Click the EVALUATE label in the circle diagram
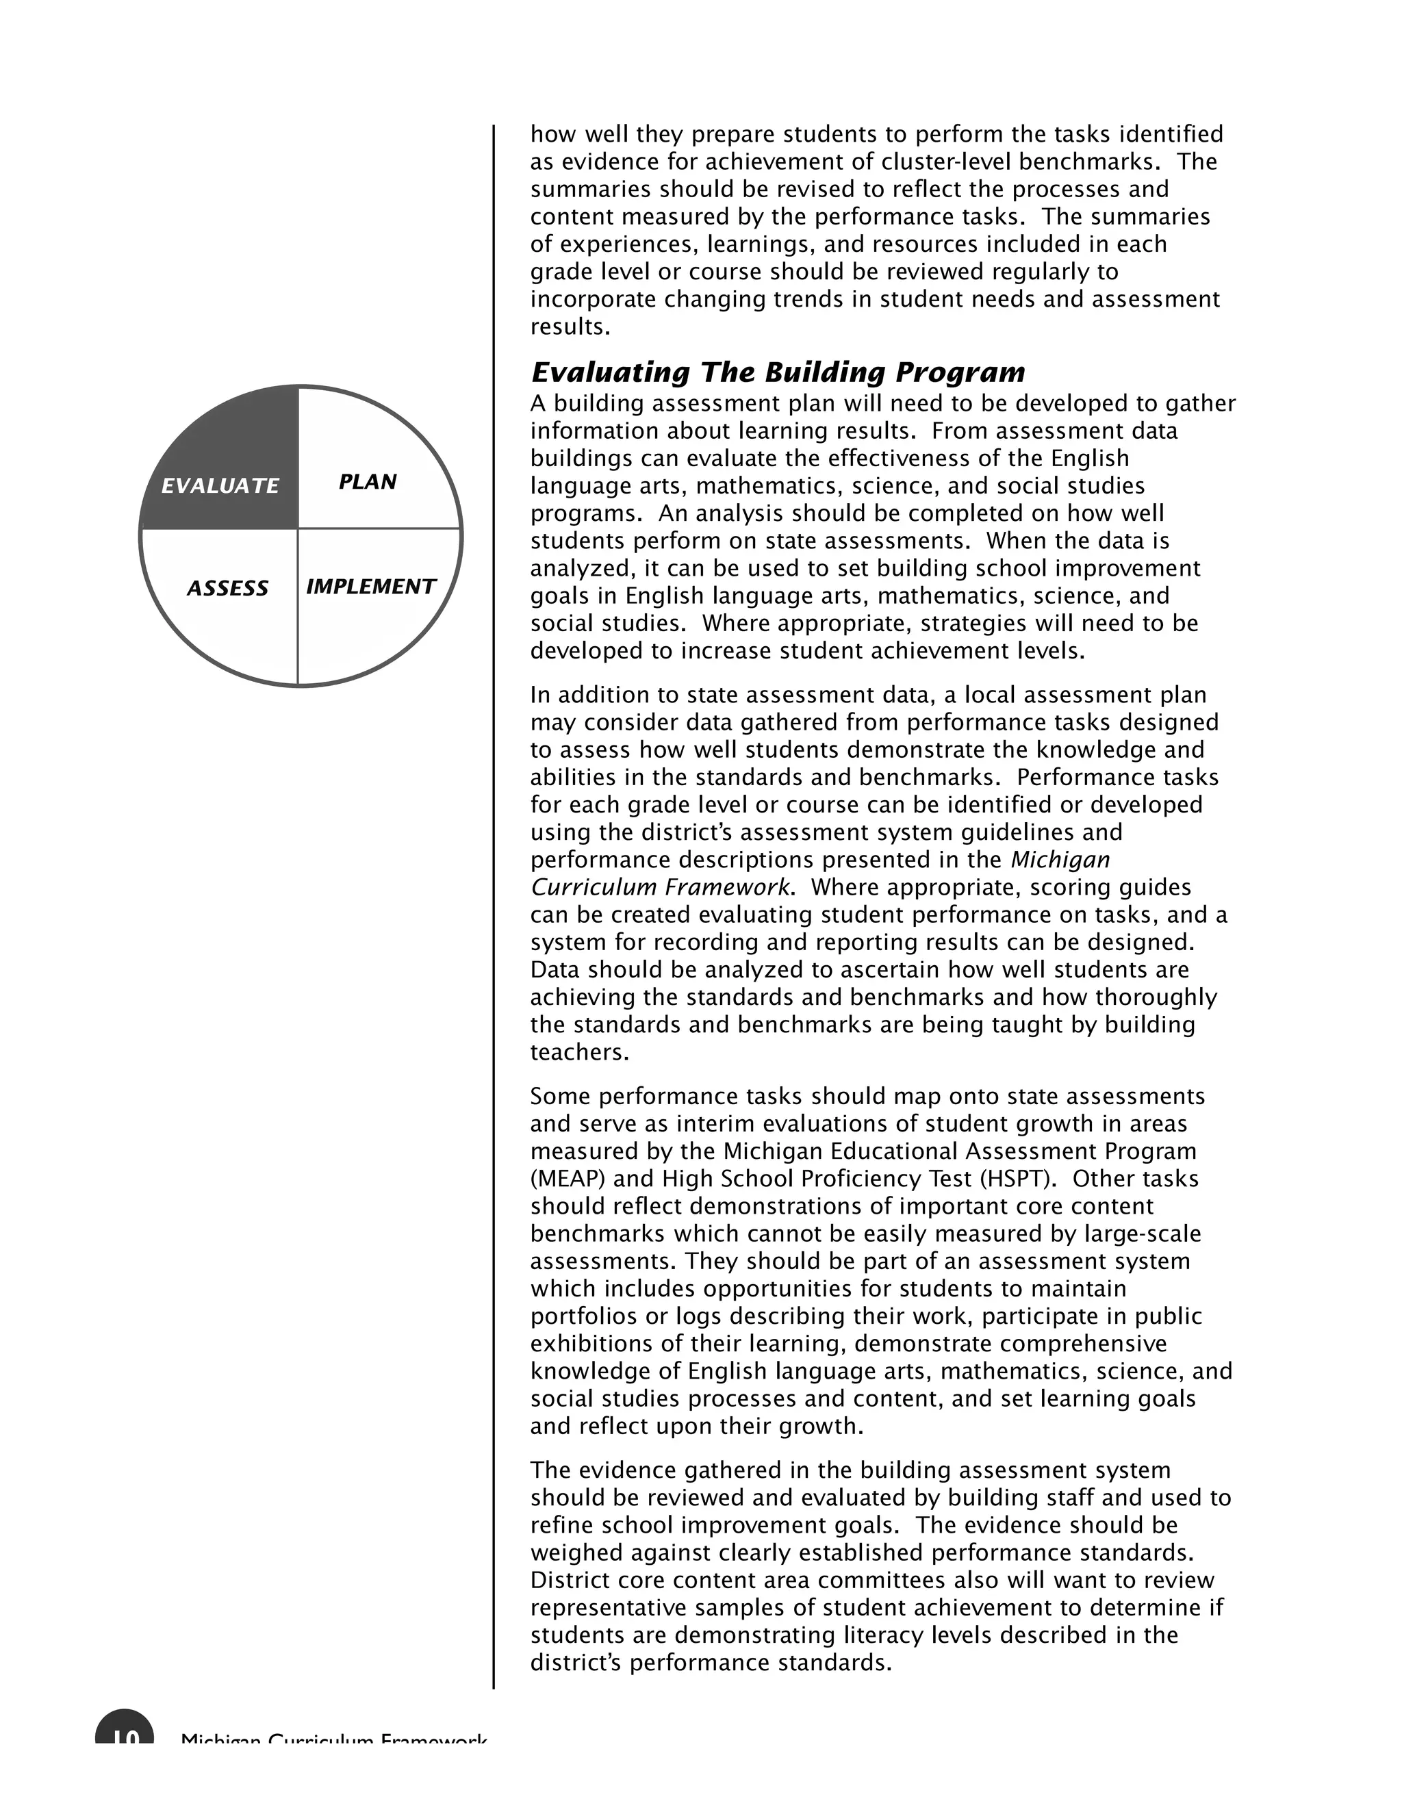point(220,486)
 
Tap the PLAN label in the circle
point(368,482)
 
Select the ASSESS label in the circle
point(227,588)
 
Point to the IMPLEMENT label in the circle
point(370,587)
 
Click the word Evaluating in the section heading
point(611,372)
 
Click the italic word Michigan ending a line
point(1060,860)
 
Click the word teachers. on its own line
point(580,1052)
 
